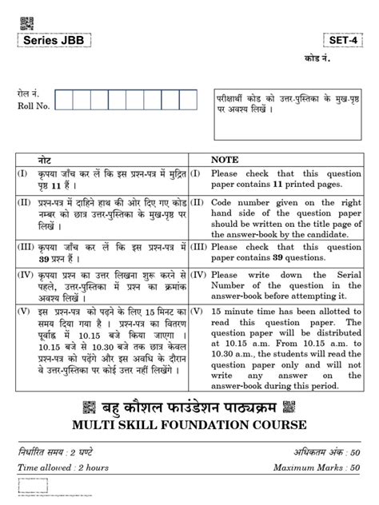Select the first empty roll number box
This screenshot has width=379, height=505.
coord(65,100)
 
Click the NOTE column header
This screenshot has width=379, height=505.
coord(225,161)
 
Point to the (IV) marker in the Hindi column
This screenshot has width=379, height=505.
coord(24,275)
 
